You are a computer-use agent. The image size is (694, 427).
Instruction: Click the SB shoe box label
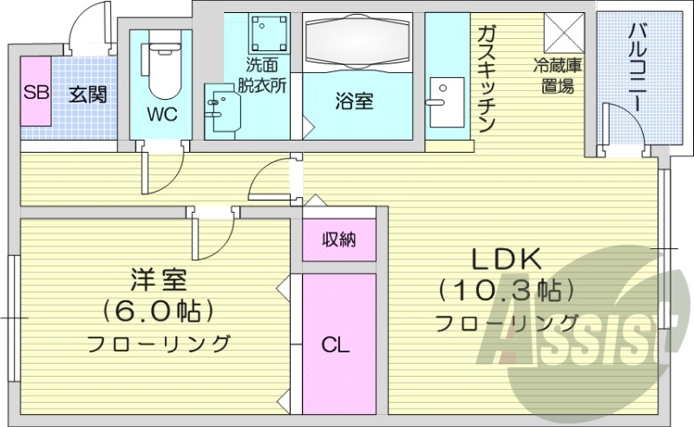pyautogui.click(x=36, y=93)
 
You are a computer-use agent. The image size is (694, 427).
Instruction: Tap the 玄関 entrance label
pyautogui.click(x=88, y=93)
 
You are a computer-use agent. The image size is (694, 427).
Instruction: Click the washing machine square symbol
pyautogui.click(x=269, y=34)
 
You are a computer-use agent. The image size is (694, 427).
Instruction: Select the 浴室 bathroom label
pyautogui.click(x=354, y=101)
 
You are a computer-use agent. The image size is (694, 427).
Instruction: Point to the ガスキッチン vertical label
pyautogui.click(x=486, y=78)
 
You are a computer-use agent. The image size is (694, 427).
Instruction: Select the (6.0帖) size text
pyautogui.click(x=158, y=310)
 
